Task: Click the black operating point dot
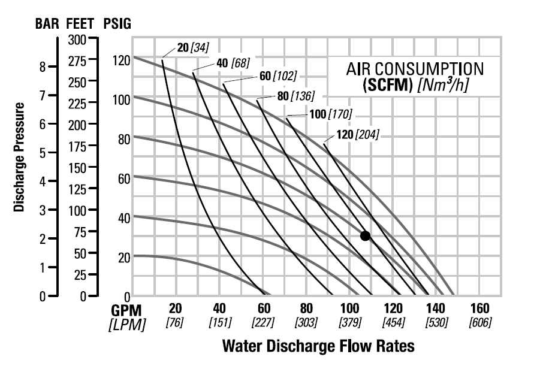pyautogui.click(x=365, y=235)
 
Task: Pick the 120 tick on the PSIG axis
pyautogui.click(x=120, y=61)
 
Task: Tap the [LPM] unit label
pyautogui.click(x=126, y=323)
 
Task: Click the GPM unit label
pyautogui.click(x=126, y=310)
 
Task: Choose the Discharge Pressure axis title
pyautogui.click(x=19, y=157)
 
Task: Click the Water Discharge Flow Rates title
pyautogui.click(x=318, y=346)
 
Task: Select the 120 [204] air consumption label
pyautogui.click(x=358, y=134)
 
